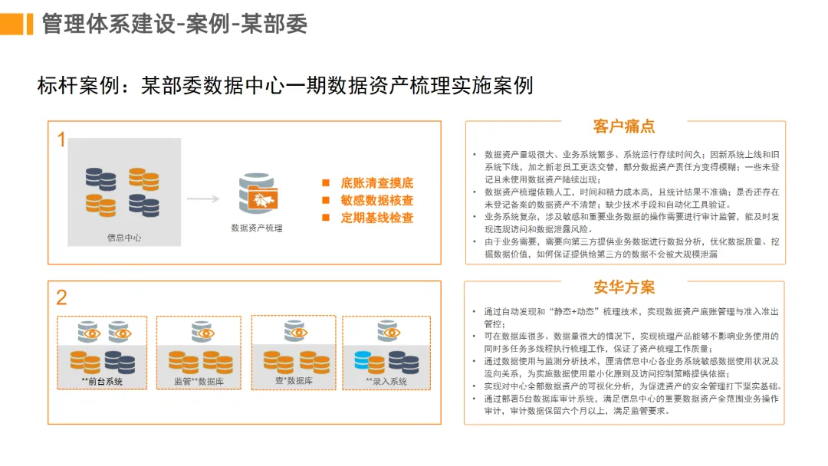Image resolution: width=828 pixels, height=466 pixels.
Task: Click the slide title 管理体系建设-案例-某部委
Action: pos(175,24)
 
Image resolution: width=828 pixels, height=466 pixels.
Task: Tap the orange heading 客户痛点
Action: pos(624,126)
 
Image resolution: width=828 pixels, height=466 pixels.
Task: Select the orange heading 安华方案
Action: pos(624,287)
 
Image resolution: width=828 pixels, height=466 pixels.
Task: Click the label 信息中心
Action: pos(124,238)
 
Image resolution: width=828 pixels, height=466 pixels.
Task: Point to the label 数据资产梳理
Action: pos(257,228)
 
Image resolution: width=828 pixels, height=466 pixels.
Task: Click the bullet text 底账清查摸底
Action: pos(377,183)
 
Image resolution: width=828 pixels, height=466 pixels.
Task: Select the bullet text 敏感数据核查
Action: pos(377,200)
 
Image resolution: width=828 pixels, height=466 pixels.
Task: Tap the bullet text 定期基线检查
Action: pos(377,218)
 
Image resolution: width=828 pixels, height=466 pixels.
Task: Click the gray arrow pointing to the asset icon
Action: pos(203,199)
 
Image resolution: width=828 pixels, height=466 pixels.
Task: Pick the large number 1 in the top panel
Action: pos(61,140)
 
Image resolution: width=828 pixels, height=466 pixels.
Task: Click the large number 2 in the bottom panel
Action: pos(62,297)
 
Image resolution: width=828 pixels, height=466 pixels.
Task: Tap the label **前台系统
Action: pos(102,381)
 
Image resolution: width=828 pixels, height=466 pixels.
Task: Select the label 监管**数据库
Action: pos(199,381)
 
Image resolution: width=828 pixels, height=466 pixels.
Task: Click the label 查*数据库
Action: pos(293,380)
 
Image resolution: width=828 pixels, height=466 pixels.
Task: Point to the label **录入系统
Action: pos(386,381)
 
